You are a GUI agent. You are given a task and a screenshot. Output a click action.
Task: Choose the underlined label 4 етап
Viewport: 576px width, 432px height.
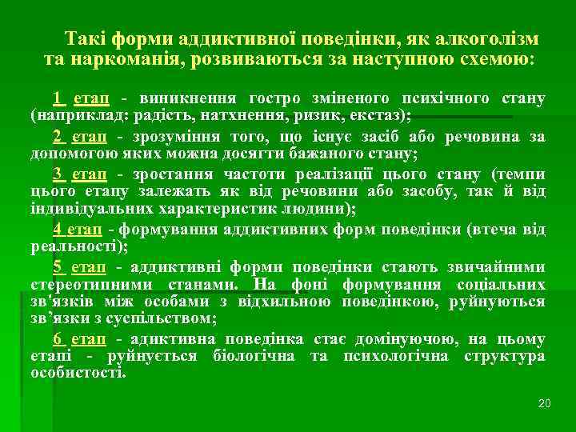click(78, 230)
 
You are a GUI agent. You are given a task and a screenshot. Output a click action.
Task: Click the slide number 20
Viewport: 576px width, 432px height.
click(545, 402)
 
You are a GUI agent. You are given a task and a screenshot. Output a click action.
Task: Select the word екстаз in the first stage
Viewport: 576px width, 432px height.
click(383, 115)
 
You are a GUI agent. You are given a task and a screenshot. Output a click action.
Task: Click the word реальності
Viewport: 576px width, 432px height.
click(70, 248)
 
